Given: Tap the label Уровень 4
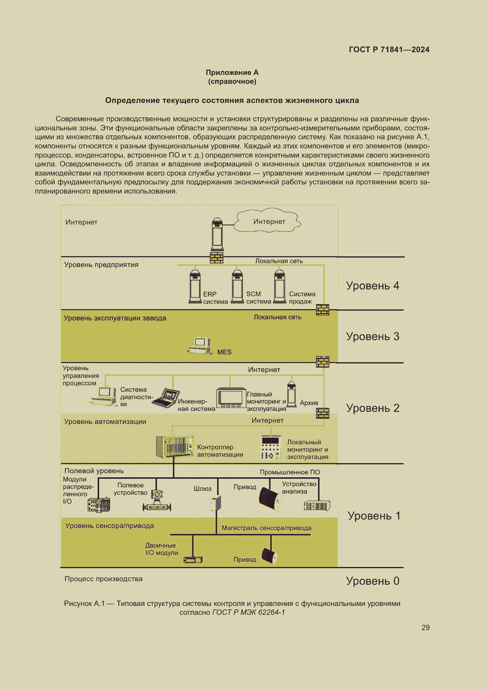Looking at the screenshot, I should click(372, 286).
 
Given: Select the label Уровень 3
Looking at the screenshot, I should click(372, 336).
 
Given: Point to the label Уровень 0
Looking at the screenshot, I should click(372, 581).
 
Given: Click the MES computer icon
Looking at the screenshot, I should click(200, 346).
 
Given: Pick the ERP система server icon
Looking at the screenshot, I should click(195, 286).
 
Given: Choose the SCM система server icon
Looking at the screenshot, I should click(238, 286).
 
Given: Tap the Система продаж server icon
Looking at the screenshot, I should click(280, 286).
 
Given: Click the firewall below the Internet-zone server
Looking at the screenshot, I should click(216, 258).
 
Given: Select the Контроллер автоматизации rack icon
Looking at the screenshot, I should click(175, 447).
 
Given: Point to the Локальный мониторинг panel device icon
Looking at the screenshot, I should click(271, 447).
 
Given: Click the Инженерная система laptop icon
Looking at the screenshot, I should click(166, 398).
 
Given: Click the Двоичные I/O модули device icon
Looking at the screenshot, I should click(193, 560).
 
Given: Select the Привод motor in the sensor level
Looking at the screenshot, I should click(269, 556).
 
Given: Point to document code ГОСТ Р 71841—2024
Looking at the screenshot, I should click(389, 50).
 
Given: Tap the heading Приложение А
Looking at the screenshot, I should click(232, 73).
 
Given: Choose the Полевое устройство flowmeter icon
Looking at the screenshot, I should click(157, 500).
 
